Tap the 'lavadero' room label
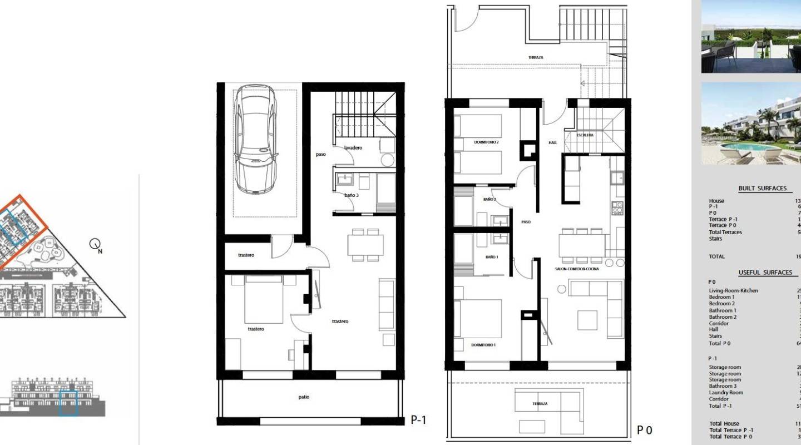[353, 148]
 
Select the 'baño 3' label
[352, 195]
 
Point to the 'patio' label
[303, 397]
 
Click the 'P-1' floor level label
[418, 420]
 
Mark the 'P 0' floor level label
[644, 430]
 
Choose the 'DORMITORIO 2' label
[486, 142]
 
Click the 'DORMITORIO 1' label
[483, 345]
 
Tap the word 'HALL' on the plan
[552, 143]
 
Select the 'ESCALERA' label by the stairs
[585, 135]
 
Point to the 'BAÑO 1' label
[491, 257]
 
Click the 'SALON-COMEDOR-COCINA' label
[577, 269]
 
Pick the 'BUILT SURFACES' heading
[762, 189]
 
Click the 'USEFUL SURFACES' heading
[765, 273]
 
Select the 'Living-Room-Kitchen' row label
[733, 291]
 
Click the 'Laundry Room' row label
[726, 393]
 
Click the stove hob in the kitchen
[617, 208]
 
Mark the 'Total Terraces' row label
[725, 232]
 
